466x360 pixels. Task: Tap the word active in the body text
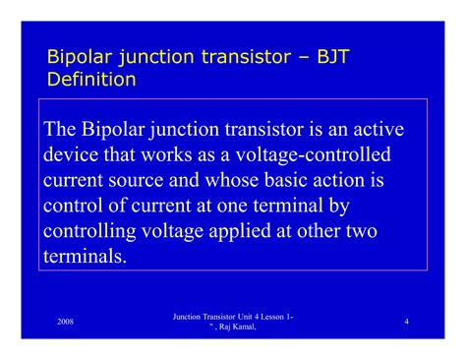[x=378, y=130]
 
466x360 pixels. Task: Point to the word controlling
[x=95, y=231]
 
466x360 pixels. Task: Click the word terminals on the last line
[x=85, y=256]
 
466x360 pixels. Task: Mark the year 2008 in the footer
[x=66, y=322]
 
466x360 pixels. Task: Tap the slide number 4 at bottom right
[x=406, y=322]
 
